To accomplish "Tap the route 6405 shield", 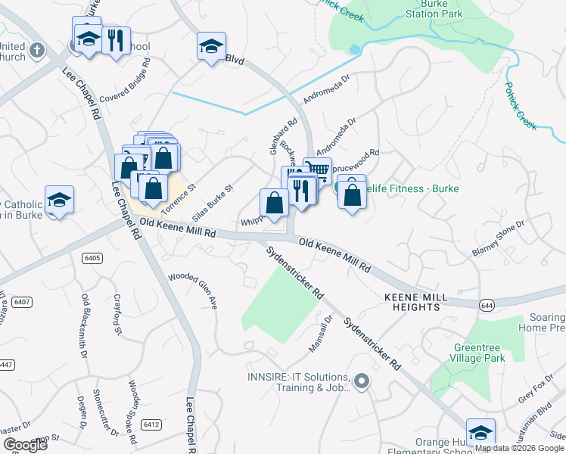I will [x=92, y=258].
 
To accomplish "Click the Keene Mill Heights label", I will [x=412, y=302].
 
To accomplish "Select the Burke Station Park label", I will [x=434, y=8].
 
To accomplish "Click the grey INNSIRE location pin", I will [x=362, y=382].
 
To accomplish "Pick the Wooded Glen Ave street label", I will [x=192, y=291].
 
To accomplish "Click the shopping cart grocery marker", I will [x=317, y=170].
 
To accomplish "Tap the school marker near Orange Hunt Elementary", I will [x=480, y=432].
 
